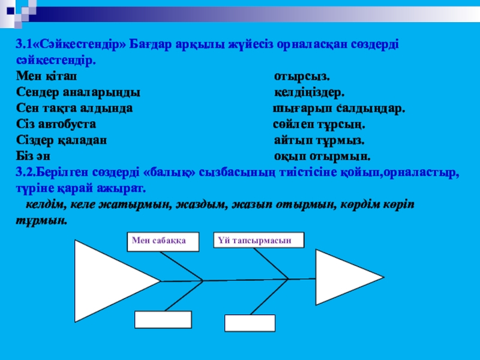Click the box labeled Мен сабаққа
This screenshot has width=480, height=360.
click(x=155, y=240)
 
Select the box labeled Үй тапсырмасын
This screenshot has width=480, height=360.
click(x=259, y=240)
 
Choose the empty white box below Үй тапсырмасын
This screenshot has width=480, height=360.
click(x=250, y=323)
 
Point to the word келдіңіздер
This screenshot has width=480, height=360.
click(x=309, y=93)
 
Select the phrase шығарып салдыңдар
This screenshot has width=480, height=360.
click(x=339, y=109)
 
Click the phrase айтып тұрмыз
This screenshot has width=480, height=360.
click(x=319, y=140)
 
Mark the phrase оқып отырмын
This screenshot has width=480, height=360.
click(x=322, y=157)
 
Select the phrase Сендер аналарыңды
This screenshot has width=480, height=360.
click(x=78, y=93)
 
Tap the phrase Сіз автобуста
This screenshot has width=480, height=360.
click(x=56, y=125)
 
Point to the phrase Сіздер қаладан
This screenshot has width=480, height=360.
click(x=61, y=140)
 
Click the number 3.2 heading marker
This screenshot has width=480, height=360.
click(x=26, y=172)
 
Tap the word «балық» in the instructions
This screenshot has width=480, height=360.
click(x=163, y=172)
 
